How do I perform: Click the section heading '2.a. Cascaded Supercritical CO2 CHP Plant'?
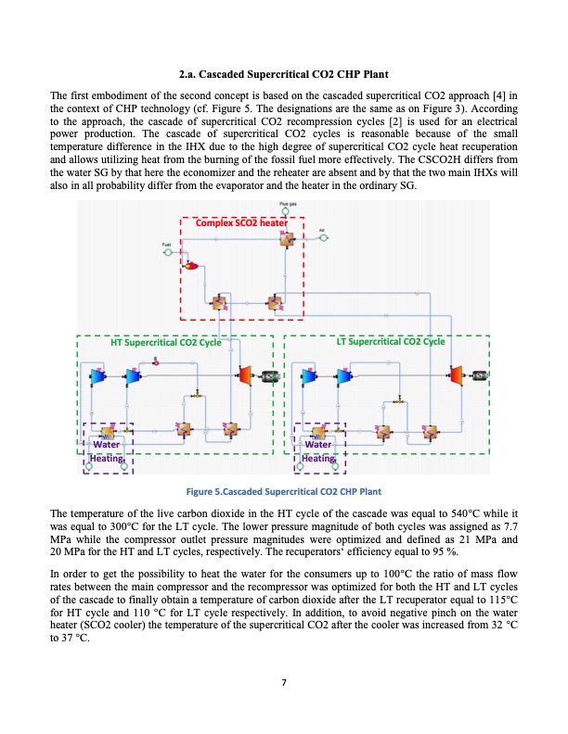click(x=283, y=73)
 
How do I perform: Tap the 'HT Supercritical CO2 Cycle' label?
click(x=165, y=342)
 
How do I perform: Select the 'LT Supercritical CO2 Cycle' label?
click(x=391, y=342)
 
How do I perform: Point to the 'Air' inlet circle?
click(x=323, y=238)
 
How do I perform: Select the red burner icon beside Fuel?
click(x=193, y=266)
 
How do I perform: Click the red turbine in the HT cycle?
click(x=245, y=374)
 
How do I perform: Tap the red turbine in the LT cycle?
click(x=456, y=374)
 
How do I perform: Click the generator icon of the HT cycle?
click(x=270, y=375)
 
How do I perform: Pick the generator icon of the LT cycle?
click(x=481, y=375)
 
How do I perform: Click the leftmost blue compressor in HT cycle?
click(x=101, y=375)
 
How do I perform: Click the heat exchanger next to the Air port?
click(x=288, y=239)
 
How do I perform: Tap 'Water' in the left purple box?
click(x=104, y=444)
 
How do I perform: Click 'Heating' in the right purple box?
click(x=318, y=458)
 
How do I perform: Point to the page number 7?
click(x=284, y=684)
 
